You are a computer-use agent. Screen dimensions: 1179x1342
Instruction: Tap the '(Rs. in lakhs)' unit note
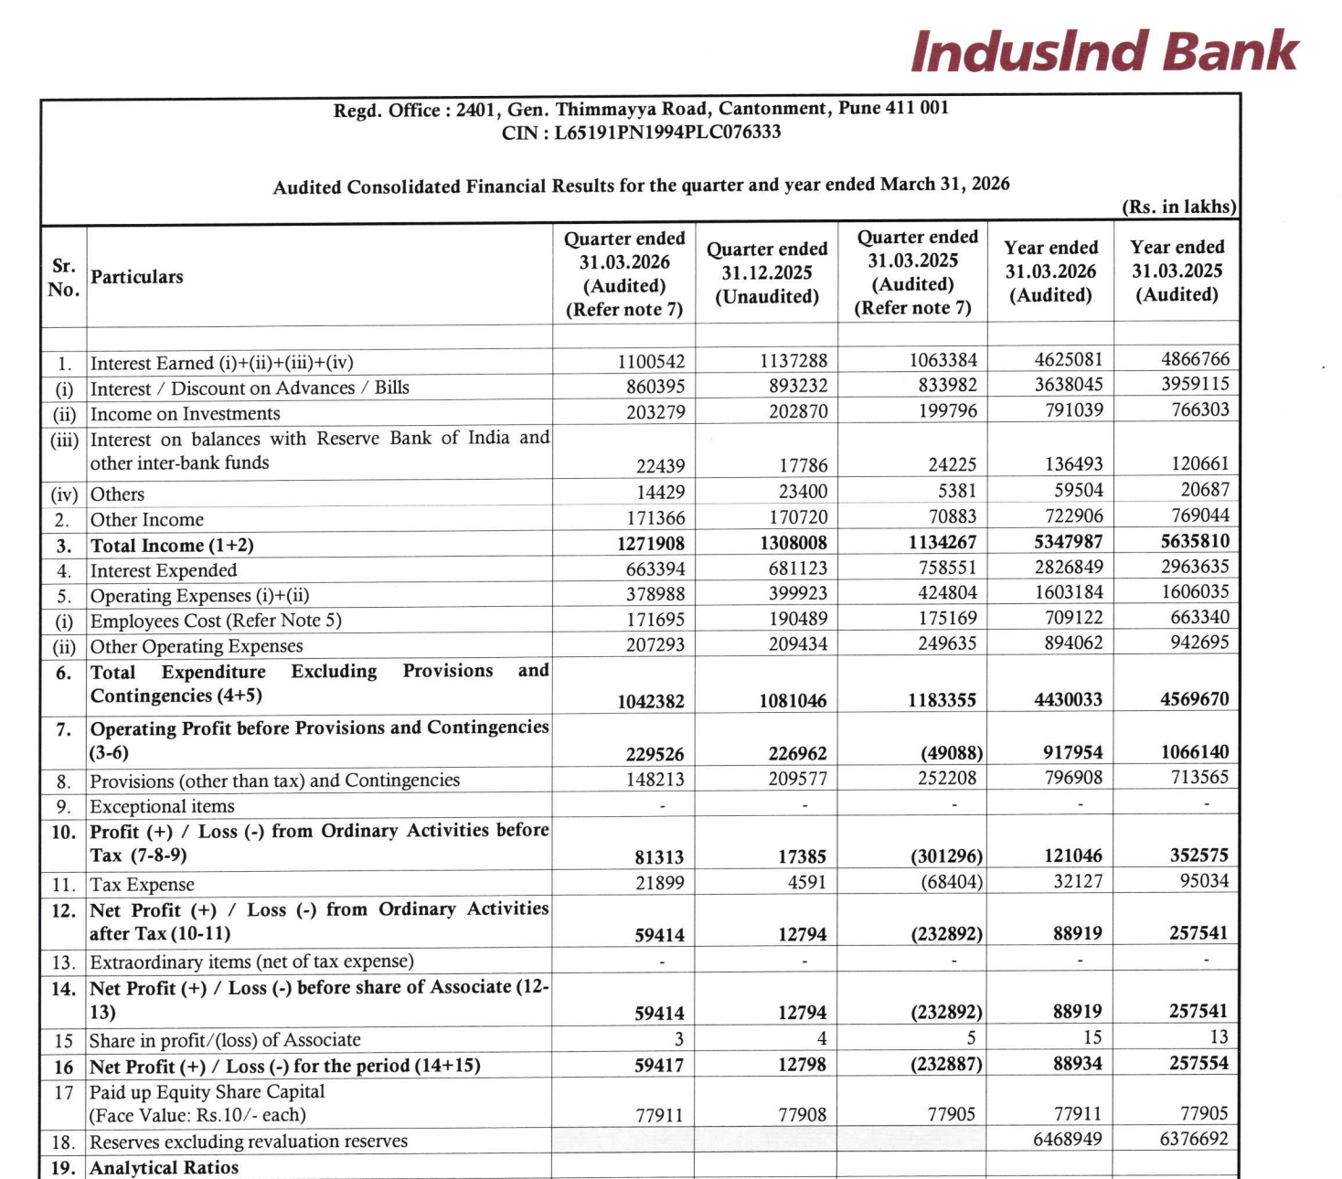pyautogui.click(x=1178, y=207)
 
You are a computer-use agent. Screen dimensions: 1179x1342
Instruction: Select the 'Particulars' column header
pyautogui.click(x=136, y=277)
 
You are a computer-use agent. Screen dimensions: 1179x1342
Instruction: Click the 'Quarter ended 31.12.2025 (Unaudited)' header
pyautogui.click(x=767, y=272)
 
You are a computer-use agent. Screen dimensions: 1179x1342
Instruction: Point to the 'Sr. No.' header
pyautogui.click(x=63, y=278)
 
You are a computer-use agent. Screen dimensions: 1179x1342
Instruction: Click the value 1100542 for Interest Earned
pyautogui.click(x=651, y=362)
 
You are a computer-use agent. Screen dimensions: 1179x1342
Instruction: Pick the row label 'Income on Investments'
pyautogui.click(x=185, y=414)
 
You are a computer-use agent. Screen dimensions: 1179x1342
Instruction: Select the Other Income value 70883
pyautogui.click(x=947, y=516)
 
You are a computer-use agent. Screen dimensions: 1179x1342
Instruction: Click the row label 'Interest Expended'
pyautogui.click(x=164, y=571)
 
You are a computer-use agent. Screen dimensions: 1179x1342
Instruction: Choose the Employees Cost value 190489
pyautogui.click(x=798, y=619)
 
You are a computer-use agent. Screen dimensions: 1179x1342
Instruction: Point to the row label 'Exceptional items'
pyautogui.click(x=162, y=807)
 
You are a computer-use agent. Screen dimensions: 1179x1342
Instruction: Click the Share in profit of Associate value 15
pyautogui.click(x=1092, y=1037)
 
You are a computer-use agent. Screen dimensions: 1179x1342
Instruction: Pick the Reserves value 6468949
pyautogui.click(x=1067, y=1140)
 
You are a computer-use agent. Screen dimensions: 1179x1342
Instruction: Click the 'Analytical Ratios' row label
pyautogui.click(x=164, y=1168)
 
